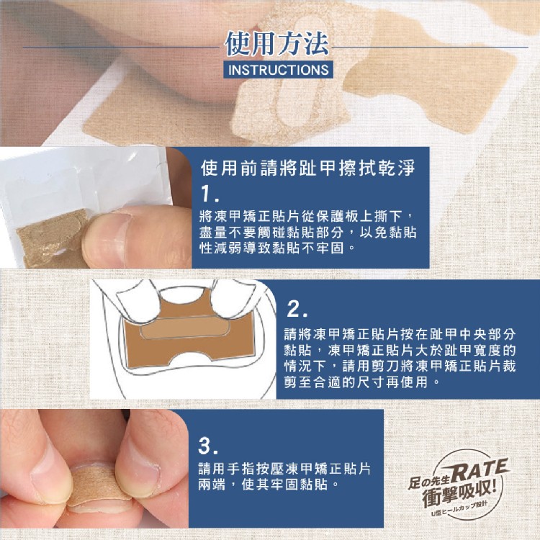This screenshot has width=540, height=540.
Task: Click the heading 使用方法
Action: (x=277, y=44)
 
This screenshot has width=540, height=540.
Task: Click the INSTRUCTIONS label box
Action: (x=278, y=70)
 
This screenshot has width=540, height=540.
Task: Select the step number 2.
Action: (x=297, y=310)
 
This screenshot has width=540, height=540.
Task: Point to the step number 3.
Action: (x=208, y=446)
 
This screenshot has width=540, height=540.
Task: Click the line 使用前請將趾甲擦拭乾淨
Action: (x=307, y=167)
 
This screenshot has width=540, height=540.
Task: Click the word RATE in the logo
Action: (x=480, y=470)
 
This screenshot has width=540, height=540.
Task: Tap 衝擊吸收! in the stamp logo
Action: (x=460, y=493)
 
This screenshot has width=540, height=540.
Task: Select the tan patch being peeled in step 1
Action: (x=52, y=238)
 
